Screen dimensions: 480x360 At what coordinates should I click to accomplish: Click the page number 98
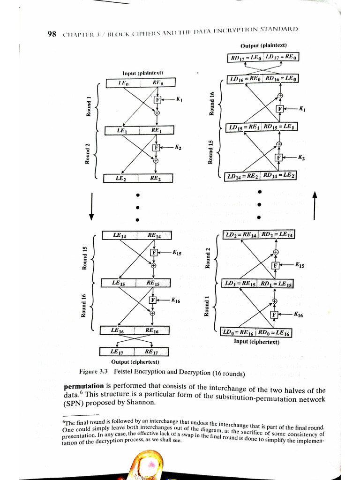(52, 34)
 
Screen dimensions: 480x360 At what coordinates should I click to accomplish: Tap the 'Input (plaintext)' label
(139, 74)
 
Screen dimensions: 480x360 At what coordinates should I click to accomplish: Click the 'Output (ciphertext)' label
(135, 361)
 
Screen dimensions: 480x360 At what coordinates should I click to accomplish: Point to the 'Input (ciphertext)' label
(256, 342)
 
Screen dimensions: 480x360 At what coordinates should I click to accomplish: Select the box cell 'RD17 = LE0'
(245, 57)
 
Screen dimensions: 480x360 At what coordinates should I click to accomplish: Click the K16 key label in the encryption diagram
(176, 300)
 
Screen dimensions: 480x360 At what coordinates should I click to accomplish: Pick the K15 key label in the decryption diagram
(300, 265)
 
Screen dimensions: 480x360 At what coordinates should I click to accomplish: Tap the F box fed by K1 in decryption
(280, 109)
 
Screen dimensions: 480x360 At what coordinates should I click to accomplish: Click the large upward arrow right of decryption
(315, 205)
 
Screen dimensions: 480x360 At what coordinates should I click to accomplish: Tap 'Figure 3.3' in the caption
(94, 371)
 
